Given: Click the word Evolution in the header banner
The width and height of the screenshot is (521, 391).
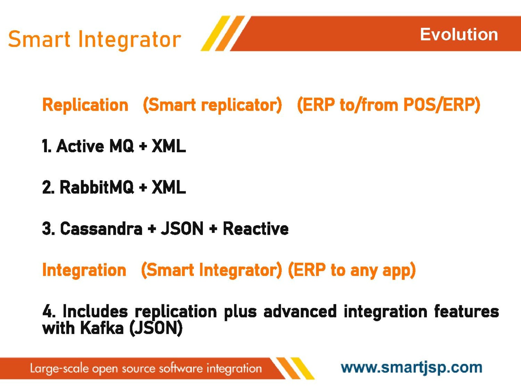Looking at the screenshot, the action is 459,35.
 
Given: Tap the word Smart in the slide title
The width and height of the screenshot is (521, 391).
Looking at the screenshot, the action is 39,39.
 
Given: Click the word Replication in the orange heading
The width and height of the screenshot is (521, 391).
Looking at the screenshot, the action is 85,105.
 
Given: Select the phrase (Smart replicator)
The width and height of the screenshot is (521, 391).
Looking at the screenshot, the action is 212,105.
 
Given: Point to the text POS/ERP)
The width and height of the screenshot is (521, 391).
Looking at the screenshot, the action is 442,105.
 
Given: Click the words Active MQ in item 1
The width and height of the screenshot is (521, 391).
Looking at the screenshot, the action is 95,146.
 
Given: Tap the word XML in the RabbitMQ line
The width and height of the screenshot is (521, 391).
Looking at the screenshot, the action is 169,187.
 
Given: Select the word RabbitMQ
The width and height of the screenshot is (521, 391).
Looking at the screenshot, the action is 97,187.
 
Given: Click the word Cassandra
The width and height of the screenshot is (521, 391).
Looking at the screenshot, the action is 101,228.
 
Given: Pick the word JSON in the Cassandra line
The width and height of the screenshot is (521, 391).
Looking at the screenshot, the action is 182,228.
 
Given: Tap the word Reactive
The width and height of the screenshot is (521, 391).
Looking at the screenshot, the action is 256,228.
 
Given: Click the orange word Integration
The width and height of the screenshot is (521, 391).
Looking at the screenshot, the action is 84,270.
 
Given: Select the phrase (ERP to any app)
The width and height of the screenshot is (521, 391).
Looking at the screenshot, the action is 352,271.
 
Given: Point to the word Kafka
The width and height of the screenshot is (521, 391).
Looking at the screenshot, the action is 102,328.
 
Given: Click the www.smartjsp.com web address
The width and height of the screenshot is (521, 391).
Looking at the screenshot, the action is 411,368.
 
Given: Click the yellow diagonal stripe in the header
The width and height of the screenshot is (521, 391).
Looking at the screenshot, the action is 216,33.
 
